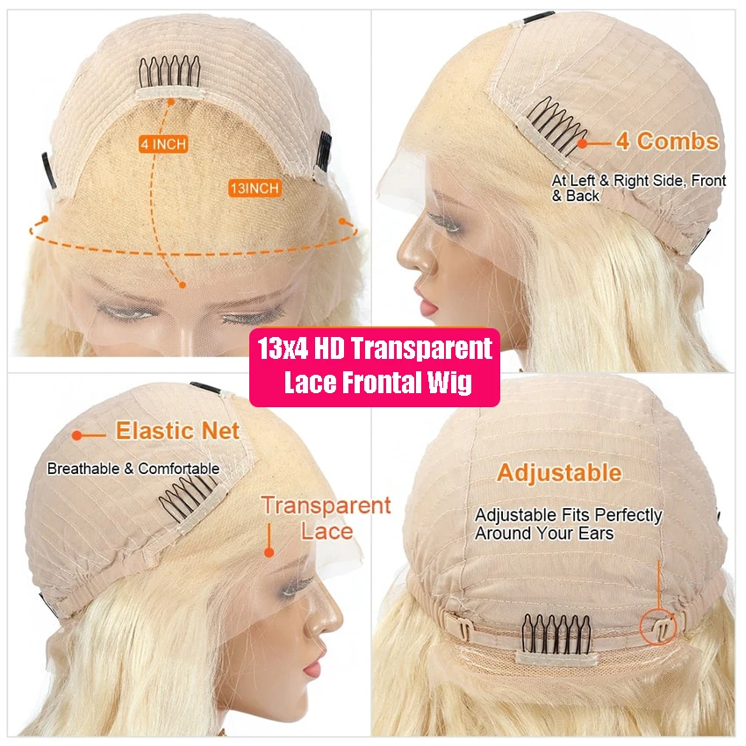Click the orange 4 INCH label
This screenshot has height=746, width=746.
coord(163,143)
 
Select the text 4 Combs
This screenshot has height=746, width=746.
coord(666,141)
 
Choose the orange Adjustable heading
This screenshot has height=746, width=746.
coord(559,473)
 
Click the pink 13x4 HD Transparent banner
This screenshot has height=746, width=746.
coord(375,366)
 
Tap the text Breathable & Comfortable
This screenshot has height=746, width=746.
coord(133,469)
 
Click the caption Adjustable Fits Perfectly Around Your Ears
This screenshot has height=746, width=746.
coord(568,524)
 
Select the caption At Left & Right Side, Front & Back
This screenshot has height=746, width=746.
coord(638,188)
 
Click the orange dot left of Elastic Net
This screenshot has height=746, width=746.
coord(77,434)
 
